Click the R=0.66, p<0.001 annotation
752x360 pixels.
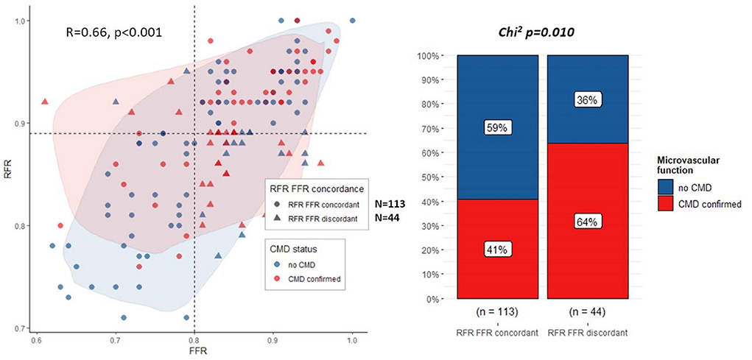114,32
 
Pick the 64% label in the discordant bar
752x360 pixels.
588,222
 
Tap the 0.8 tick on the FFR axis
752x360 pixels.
194,341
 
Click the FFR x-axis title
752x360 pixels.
194,353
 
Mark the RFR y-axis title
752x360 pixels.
7,174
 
